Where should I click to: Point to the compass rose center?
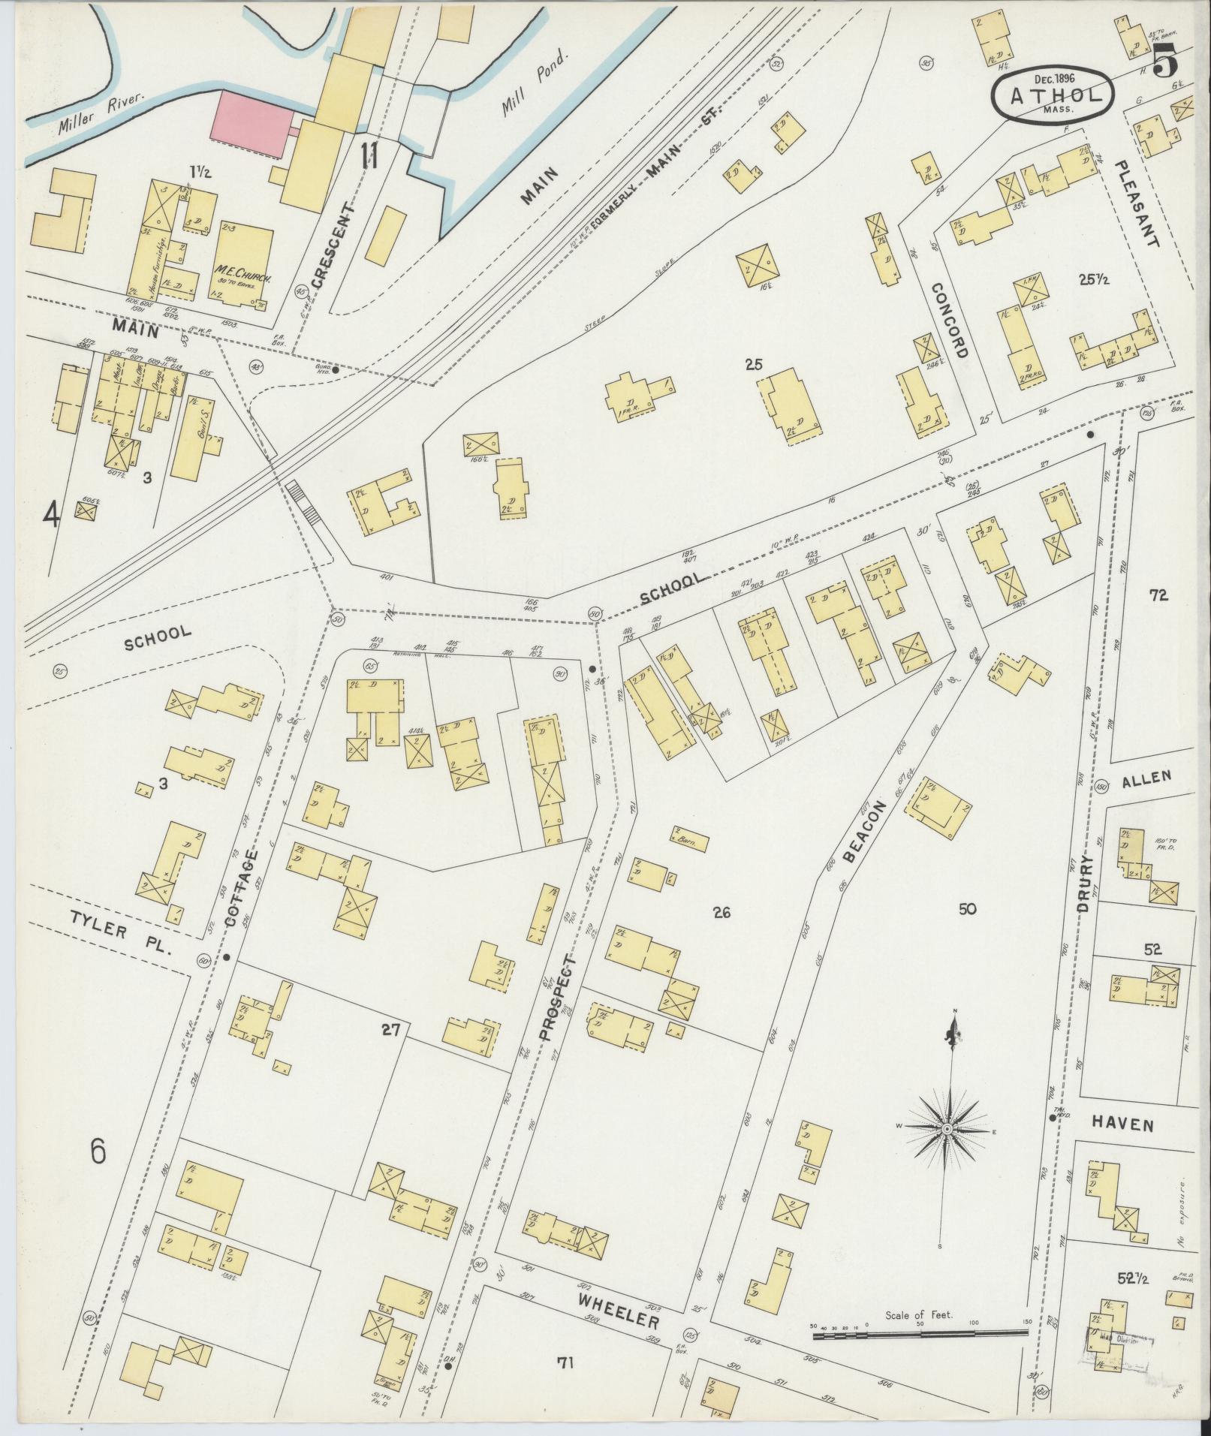[947, 1128]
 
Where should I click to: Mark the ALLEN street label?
[1146, 777]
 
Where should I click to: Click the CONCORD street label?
[947, 321]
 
